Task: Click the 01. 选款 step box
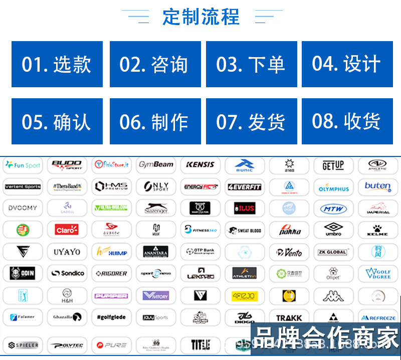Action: (x=57, y=64)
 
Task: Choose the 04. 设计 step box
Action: (x=347, y=64)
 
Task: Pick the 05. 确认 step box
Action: (x=57, y=121)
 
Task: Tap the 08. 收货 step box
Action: (x=347, y=121)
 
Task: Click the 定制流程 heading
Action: (x=201, y=17)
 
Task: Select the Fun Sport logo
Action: (x=23, y=165)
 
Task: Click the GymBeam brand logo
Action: (x=156, y=164)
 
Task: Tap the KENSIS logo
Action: (x=200, y=164)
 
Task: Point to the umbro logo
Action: (x=333, y=230)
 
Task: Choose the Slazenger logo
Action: (x=156, y=208)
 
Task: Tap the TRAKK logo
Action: (x=289, y=317)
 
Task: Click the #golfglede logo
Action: (x=111, y=317)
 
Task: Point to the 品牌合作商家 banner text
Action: (x=327, y=337)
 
